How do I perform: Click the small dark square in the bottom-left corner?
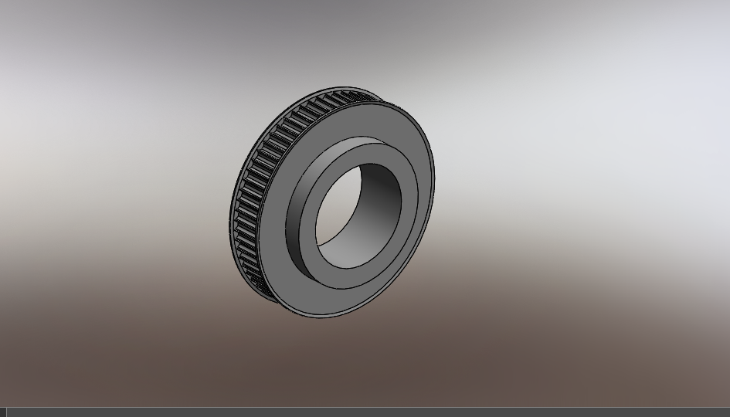coord(2,412)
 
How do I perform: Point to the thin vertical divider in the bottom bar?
coord(6,412)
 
